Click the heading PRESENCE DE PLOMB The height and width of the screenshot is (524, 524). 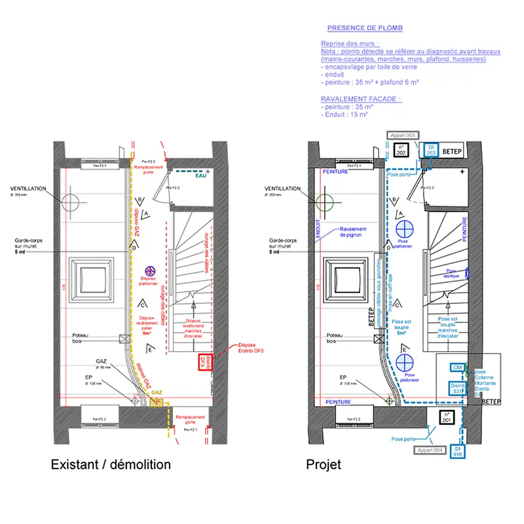tap(365, 28)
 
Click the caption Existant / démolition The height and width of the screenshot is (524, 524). tap(111, 464)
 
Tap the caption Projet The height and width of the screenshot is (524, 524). tap(324, 464)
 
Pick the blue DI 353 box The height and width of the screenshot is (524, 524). tap(431, 150)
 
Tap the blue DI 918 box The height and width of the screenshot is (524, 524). tap(458, 451)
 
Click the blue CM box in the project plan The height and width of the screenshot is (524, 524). tap(457, 368)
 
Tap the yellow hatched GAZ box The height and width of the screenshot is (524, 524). tap(157, 402)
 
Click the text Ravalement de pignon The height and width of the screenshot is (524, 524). tap(353, 231)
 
